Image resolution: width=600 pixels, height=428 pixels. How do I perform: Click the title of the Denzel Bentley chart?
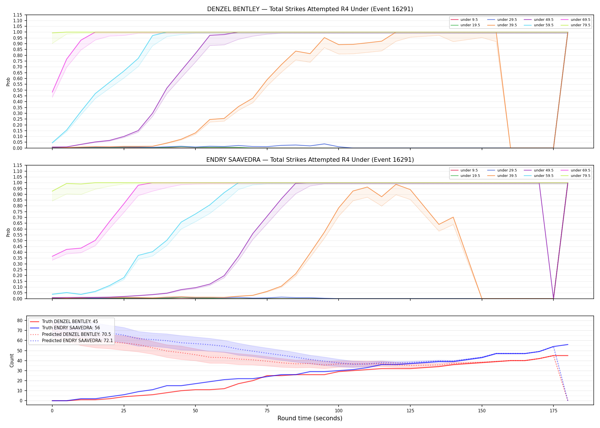click(x=310, y=9)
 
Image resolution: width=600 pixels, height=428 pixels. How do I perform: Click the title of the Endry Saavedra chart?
click(x=310, y=160)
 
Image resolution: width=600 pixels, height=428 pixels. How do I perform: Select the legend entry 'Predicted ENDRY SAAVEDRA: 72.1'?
click(x=71, y=340)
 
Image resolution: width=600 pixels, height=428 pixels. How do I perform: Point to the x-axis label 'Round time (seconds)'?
click(x=310, y=418)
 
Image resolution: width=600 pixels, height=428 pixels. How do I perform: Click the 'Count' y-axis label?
click(x=12, y=360)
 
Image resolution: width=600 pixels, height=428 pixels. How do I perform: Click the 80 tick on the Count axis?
click(x=20, y=320)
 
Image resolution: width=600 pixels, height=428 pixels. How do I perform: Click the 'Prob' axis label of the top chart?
click(x=8, y=82)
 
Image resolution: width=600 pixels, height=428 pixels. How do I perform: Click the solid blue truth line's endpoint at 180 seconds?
click(x=568, y=344)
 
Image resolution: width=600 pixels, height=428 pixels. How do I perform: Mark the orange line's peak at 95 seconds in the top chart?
click(x=324, y=38)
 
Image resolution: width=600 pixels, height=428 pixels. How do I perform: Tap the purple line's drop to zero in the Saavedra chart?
click(x=553, y=298)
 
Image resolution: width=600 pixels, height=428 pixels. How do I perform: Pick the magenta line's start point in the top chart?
click(x=52, y=92)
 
